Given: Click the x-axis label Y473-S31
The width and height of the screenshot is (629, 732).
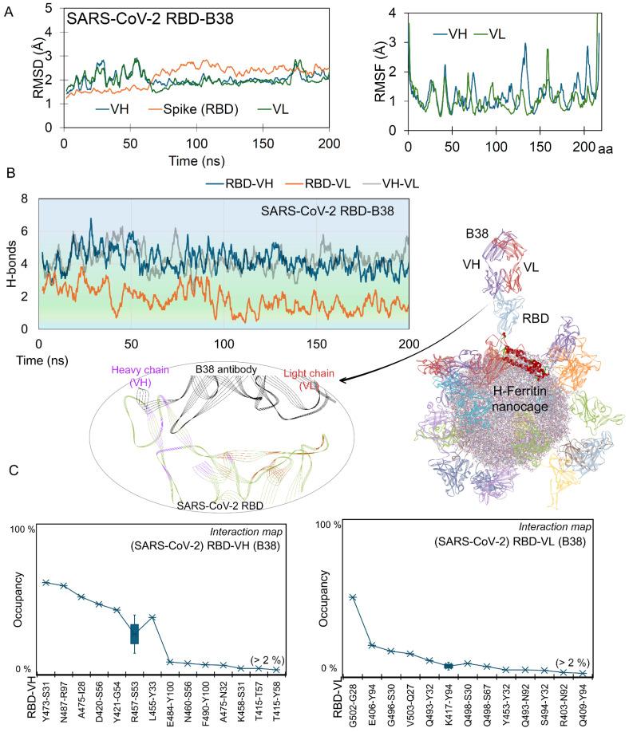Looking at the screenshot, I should (47, 699).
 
